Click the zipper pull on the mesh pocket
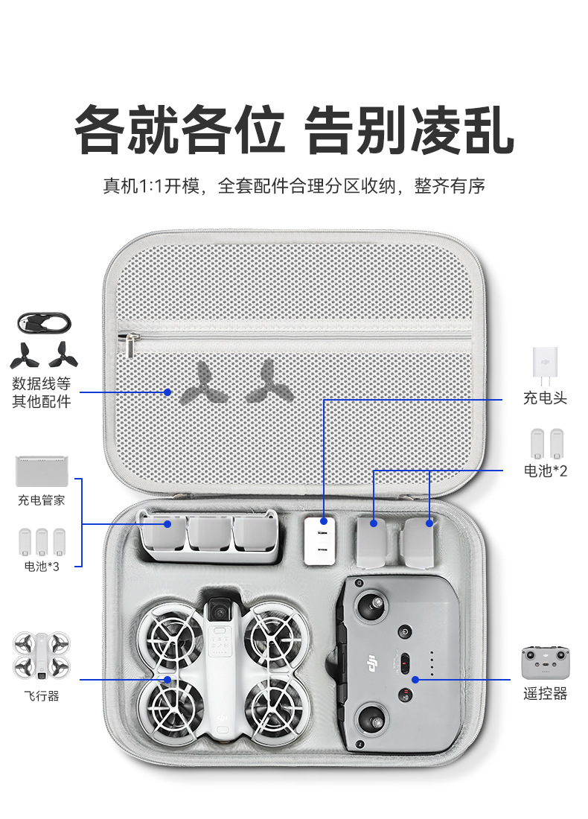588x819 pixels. coord(132,345)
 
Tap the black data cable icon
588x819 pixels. coord(44,324)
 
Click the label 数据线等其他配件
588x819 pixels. coord(42,393)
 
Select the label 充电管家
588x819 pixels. coord(42,500)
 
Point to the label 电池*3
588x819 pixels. coord(42,567)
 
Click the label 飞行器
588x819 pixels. coord(42,696)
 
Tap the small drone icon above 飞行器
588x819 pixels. coord(42,655)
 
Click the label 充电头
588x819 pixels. coord(545,398)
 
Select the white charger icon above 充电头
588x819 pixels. coord(545,363)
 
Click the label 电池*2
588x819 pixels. coord(545,471)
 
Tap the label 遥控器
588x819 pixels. coord(545,694)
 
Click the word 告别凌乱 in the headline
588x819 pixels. coord(410,130)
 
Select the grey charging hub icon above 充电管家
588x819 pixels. coord(42,471)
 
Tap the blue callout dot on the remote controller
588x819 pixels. coord(415,679)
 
